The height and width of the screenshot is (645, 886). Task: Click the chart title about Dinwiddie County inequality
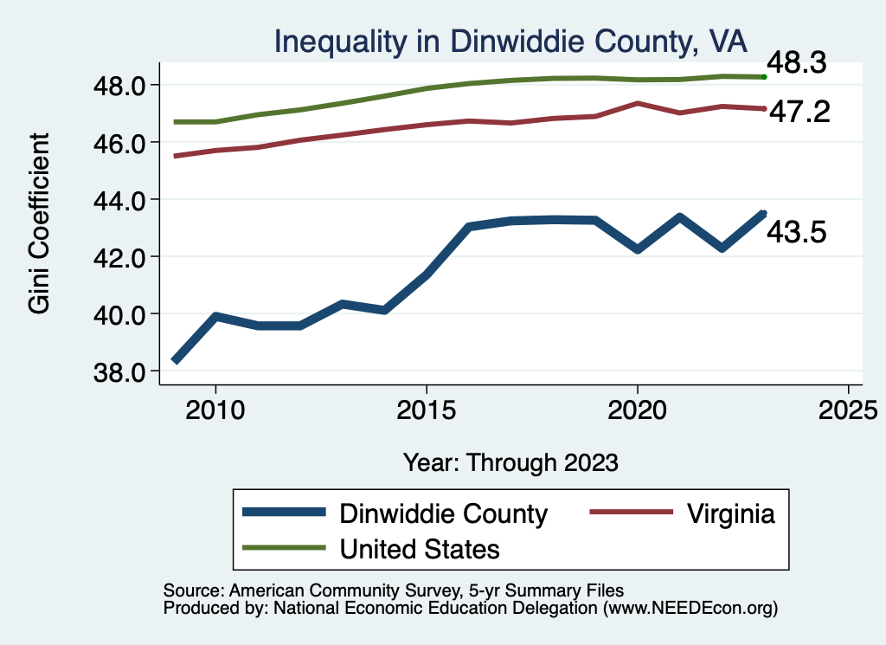[x=510, y=41]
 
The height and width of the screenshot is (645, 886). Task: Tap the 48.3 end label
[x=794, y=63]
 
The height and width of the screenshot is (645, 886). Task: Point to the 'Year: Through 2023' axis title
[x=510, y=462]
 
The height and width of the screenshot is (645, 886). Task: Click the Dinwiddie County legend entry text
[x=444, y=513]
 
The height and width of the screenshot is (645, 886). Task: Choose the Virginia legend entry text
[x=731, y=513]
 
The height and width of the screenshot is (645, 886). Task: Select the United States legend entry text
[x=420, y=549]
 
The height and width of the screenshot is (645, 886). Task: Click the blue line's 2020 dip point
[x=638, y=248]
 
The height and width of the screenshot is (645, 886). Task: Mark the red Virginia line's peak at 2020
[x=638, y=103]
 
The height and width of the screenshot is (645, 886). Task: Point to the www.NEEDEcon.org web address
[x=688, y=609]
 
